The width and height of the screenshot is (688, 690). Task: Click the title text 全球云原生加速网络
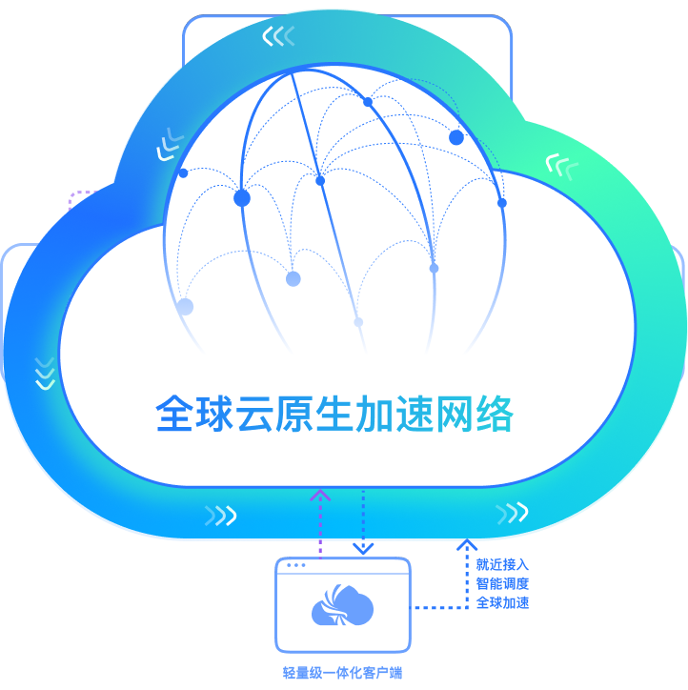pos(334,415)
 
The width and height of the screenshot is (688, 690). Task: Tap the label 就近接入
pos(502,565)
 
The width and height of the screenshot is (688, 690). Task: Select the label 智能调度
pos(502,584)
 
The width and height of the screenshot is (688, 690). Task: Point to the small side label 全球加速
pos(502,603)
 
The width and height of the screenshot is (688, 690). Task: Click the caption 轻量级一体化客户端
pos(343,673)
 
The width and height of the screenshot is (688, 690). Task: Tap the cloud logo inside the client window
pos(342,607)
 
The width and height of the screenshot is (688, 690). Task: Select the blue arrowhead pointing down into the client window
pos(363,547)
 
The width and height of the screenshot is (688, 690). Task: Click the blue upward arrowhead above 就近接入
pos(467,545)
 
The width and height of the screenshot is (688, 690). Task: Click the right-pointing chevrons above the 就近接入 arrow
pos(512,514)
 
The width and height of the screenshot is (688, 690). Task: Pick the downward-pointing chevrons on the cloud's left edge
pos(44,373)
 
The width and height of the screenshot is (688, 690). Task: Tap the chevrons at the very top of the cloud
pos(278,37)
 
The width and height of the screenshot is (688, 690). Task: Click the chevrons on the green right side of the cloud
pos(561,166)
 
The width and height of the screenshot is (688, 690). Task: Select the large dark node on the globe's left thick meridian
pos(242,198)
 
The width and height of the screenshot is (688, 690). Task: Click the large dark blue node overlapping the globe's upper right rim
pos(456,137)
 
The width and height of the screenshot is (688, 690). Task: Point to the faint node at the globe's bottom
pos(358,322)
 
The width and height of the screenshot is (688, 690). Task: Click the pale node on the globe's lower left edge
pos(185,307)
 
